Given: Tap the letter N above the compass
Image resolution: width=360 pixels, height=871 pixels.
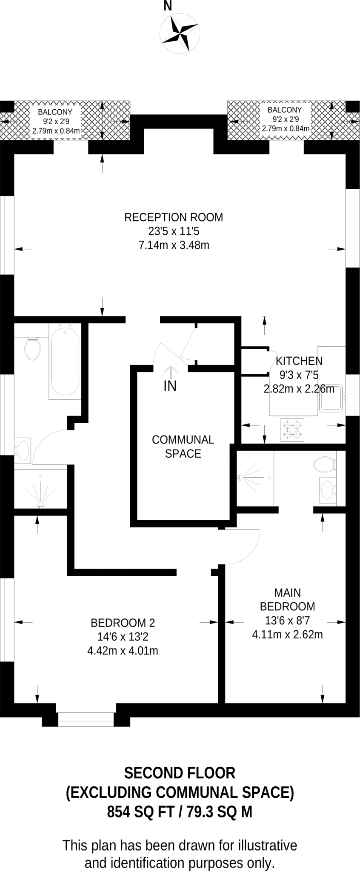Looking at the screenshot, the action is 168,6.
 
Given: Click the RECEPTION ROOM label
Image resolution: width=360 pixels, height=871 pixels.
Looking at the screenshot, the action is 174,217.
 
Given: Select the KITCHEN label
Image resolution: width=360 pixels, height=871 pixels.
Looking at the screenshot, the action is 299,361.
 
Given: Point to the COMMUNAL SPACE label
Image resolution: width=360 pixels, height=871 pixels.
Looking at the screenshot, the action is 183,447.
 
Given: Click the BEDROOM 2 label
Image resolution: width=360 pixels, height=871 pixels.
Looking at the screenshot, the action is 123,623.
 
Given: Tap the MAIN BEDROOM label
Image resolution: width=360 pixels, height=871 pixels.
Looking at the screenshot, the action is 288,599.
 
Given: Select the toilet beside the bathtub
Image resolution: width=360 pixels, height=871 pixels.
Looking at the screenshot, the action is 32,348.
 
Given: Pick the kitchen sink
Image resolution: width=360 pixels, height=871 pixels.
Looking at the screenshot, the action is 331,399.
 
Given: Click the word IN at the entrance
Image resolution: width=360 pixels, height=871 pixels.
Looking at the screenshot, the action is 170,386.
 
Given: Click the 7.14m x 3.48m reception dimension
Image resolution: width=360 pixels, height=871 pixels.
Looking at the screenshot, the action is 174,245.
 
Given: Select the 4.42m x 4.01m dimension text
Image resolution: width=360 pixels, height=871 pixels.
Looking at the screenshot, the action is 123,651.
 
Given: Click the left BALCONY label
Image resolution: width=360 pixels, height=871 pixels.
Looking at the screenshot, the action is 55,112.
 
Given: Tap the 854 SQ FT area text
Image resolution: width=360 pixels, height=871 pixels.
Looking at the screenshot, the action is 140,812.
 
